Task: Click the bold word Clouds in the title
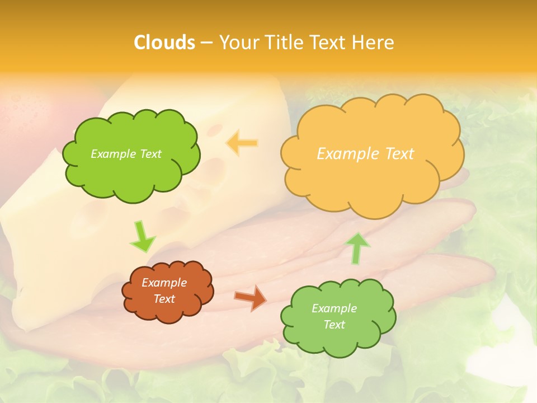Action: tap(164, 42)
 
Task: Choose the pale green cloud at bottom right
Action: tap(338, 339)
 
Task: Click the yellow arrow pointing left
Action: tap(242, 143)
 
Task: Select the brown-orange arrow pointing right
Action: tap(250, 298)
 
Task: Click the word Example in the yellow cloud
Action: tap(349, 153)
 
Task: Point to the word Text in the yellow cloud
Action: tap(399, 153)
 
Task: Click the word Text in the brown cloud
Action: tap(164, 299)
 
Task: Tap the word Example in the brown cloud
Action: tap(164, 283)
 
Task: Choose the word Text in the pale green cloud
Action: tap(334, 325)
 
